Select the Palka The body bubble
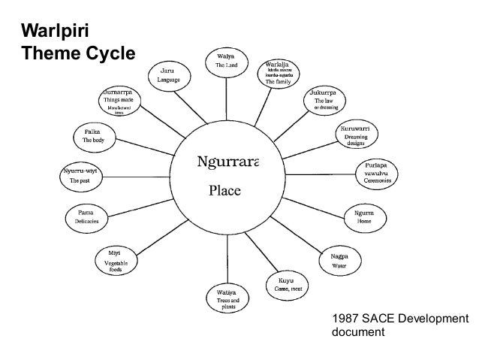click(x=95, y=136)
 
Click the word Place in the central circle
click(x=224, y=190)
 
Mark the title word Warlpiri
click(x=49, y=33)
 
